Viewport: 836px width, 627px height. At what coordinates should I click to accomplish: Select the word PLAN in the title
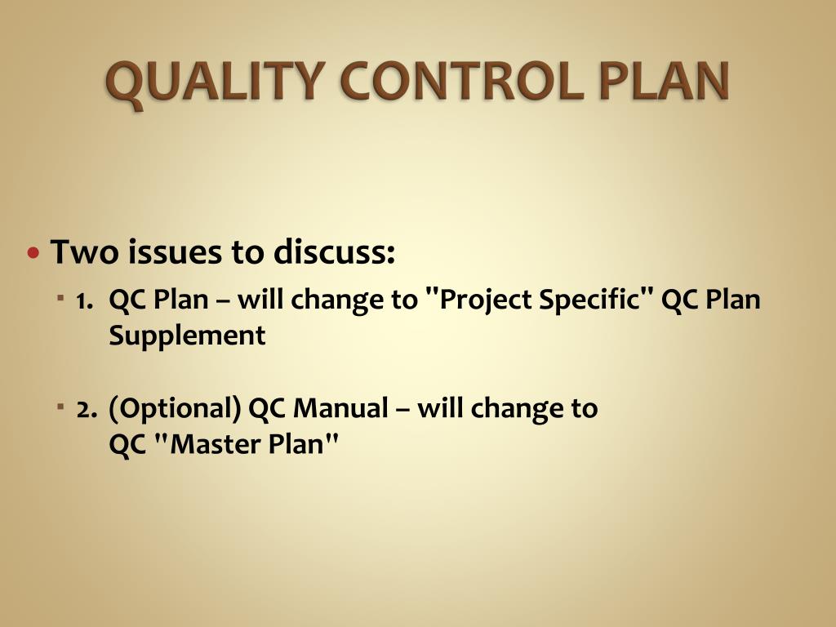660,83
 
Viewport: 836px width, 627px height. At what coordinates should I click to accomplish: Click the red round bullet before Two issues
33,252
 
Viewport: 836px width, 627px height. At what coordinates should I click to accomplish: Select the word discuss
334,252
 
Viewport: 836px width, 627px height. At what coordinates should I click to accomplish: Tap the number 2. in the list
87,408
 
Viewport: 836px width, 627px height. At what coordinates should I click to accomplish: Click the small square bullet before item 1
61,299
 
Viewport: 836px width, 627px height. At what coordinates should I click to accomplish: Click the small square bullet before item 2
61,406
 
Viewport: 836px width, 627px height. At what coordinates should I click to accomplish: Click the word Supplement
187,336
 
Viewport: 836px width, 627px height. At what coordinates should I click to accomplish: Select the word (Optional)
175,408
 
